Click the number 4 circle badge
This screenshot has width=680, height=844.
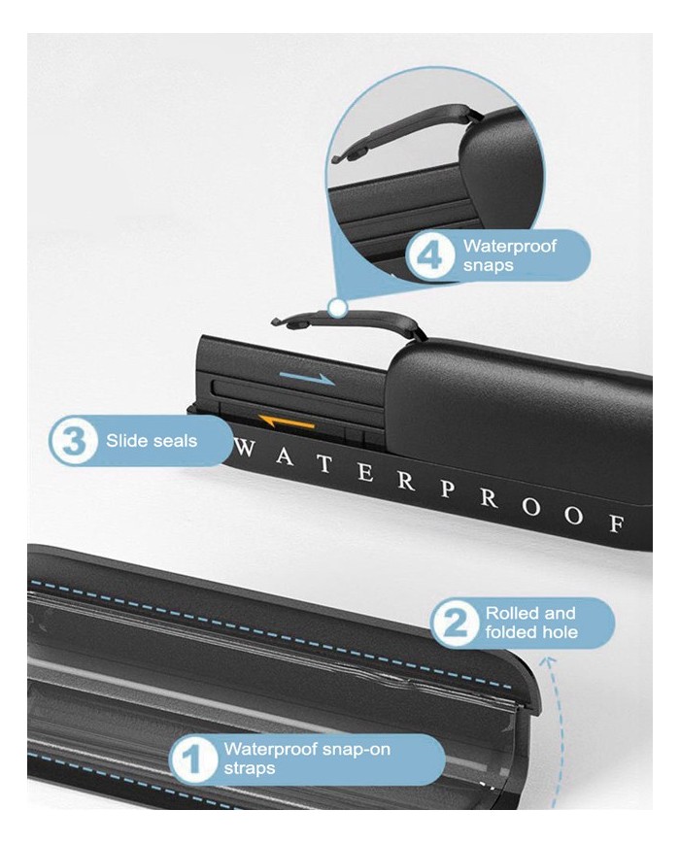tap(430, 256)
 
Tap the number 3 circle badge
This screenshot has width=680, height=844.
tap(74, 441)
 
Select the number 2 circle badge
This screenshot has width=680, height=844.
tap(455, 624)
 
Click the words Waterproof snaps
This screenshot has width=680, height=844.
tap(509, 255)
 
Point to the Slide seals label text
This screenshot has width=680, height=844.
tap(152, 441)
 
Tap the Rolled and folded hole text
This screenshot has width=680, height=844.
tap(530, 623)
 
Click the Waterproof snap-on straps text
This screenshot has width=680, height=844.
tap(307, 759)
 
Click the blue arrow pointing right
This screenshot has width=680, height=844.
tap(307, 379)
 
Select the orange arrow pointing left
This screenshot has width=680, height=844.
tap(286, 421)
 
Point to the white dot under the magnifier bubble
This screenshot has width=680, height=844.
tap(338, 309)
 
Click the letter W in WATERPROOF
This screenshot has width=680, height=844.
tap(245, 449)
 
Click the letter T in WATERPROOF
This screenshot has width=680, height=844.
tap(324, 464)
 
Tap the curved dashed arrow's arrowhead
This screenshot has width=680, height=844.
tap(549, 662)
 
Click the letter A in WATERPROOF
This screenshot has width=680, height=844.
tap(285, 457)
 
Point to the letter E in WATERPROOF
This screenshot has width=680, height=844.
tap(365, 473)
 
